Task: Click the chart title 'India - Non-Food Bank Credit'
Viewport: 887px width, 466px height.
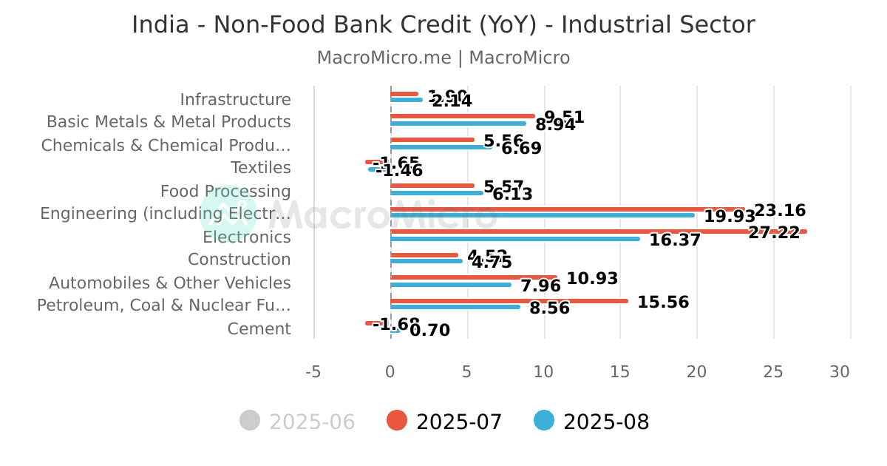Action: coord(443,25)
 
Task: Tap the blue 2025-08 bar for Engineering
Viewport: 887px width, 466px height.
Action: coord(542,215)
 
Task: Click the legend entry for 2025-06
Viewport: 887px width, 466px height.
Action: coord(298,422)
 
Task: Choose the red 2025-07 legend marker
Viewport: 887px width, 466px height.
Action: coord(397,421)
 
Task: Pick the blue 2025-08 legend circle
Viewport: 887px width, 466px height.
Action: coord(544,421)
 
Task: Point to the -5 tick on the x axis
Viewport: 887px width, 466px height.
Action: coord(313,372)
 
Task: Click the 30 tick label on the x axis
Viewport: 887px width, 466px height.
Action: coord(840,372)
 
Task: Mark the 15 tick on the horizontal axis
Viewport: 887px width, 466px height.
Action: coord(620,372)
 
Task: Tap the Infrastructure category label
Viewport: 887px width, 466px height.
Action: coord(235,99)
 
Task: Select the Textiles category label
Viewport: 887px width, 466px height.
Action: coord(260,168)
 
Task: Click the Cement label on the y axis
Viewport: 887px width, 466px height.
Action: coord(259,329)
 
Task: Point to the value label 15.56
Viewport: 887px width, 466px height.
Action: coord(663,303)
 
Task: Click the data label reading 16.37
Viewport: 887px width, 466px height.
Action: coord(675,240)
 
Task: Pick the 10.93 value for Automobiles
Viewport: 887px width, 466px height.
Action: coord(592,279)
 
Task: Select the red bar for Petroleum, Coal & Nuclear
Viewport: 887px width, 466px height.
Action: coord(509,300)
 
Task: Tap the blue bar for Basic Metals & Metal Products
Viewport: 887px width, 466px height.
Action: coord(458,124)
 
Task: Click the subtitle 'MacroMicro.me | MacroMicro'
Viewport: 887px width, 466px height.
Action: coord(443,58)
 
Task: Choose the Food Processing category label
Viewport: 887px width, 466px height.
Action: coord(225,192)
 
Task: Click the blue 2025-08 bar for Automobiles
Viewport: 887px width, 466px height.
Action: coord(451,285)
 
